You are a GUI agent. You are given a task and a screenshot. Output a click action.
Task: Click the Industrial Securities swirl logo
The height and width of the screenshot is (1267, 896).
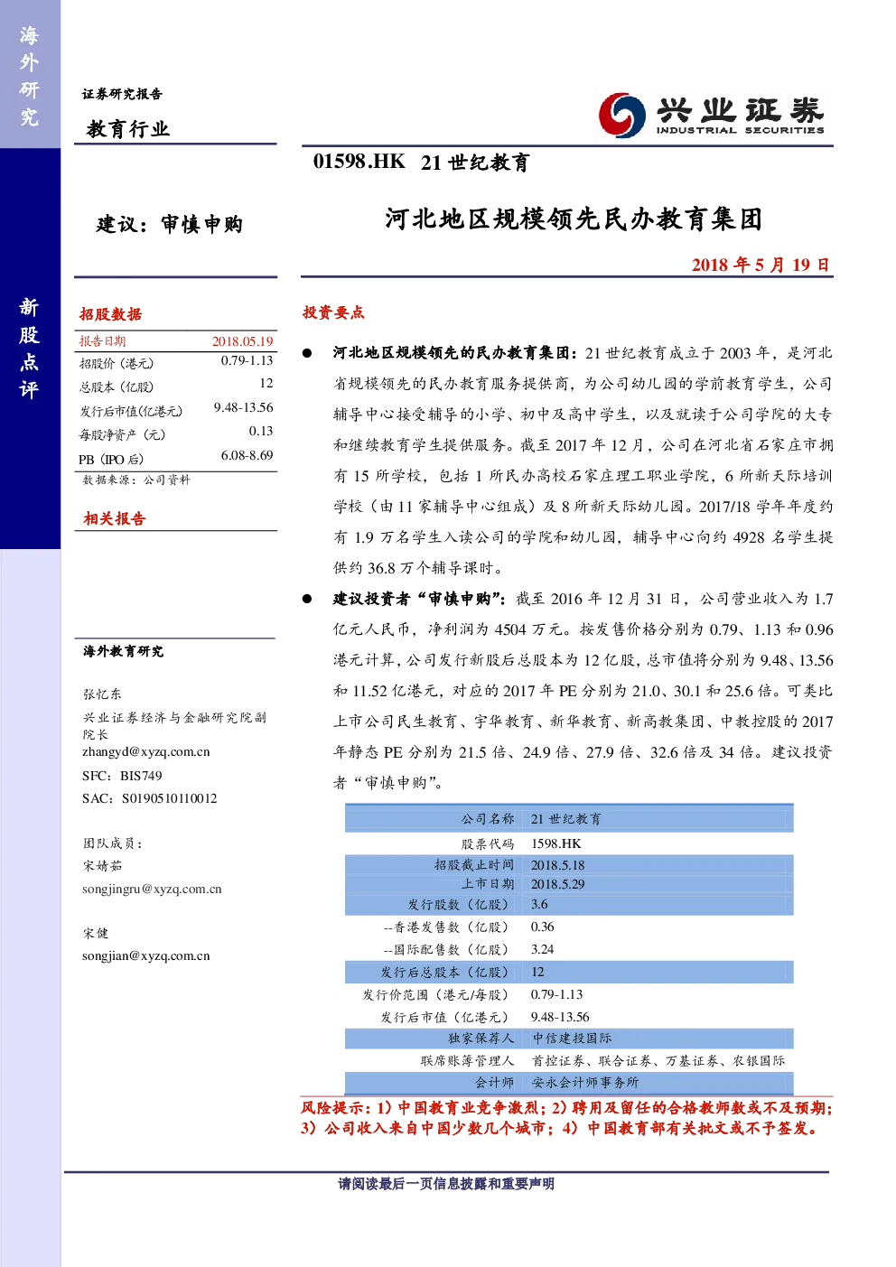click(x=621, y=115)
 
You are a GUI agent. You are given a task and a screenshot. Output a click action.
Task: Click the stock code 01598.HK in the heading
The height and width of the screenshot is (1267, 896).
click(x=359, y=162)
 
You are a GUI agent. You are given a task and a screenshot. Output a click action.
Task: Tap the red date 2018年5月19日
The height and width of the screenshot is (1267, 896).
click(x=761, y=265)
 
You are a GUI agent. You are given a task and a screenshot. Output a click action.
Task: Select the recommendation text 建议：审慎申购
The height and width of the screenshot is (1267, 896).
click(x=170, y=225)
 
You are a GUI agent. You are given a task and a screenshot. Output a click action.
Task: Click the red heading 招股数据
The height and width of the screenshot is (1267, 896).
click(x=110, y=314)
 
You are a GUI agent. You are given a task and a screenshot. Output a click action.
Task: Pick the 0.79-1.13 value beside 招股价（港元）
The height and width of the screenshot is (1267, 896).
click(x=247, y=361)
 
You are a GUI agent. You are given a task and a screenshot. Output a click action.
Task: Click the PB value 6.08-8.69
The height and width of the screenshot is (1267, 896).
click(x=247, y=455)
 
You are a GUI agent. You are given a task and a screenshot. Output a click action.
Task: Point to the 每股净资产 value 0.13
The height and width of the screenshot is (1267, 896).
click(x=261, y=431)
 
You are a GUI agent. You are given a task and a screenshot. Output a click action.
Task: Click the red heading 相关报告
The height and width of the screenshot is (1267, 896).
click(x=115, y=518)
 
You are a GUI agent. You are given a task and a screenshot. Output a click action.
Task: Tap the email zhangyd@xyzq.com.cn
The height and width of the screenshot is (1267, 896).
click(x=146, y=751)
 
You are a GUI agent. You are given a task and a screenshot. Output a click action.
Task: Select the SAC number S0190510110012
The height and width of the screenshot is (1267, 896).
click(x=170, y=798)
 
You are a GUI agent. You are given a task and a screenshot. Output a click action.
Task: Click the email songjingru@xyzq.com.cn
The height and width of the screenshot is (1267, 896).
click(x=152, y=889)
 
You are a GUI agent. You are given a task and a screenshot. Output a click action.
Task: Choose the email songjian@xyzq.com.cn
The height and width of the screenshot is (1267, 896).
click(x=146, y=955)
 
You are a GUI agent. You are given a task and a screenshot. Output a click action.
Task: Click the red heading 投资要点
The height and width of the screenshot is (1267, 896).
click(x=333, y=312)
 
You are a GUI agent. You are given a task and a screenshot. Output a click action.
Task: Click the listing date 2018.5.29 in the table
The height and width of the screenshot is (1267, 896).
click(x=557, y=884)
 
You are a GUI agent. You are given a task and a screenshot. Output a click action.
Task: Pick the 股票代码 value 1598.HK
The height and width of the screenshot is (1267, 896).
click(x=556, y=843)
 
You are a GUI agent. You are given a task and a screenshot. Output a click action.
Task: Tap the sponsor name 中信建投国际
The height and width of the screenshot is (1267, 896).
click(x=572, y=1038)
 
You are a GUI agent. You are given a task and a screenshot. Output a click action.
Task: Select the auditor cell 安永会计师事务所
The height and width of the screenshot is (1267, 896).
click(x=585, y=1082)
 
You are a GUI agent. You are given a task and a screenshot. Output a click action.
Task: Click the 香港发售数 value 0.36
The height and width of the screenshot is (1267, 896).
click(x=543, y=927)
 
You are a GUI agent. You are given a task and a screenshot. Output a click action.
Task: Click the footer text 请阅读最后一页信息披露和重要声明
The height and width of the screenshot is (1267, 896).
click(x=446, y=1183)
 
